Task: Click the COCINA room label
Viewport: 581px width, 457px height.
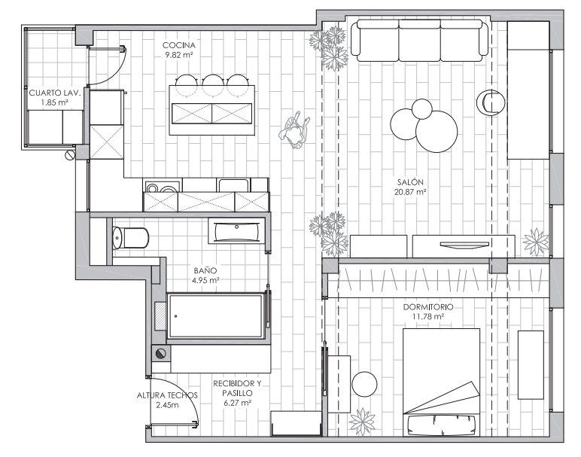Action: (x=179, y=45)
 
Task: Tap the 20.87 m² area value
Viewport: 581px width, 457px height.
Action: (x=410, y=192)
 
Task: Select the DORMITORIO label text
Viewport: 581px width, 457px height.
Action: (x=428, y=307)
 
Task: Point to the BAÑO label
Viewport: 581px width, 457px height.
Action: (x=205, y=270)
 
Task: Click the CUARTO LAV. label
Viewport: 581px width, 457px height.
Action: (x=54, y=93)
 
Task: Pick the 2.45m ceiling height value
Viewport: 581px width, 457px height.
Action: (x=167, y=405)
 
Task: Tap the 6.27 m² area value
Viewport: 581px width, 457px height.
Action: (x=238, y=403)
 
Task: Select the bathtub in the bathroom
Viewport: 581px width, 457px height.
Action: (x=216, y=316)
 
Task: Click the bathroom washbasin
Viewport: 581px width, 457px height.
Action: (x=237, y=230)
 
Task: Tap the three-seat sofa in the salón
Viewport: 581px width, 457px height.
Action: (x=419, y=41)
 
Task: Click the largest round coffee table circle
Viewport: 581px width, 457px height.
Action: (x=437, y=132)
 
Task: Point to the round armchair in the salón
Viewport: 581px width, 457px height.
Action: (x=490, y=102)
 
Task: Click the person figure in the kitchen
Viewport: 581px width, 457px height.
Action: (x=295, y=130)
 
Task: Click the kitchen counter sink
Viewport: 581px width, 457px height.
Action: (x=233, y=185)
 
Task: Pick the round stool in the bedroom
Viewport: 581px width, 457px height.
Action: (x=364, y=384)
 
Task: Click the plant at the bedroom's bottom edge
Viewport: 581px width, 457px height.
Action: (x=363, y=422)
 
